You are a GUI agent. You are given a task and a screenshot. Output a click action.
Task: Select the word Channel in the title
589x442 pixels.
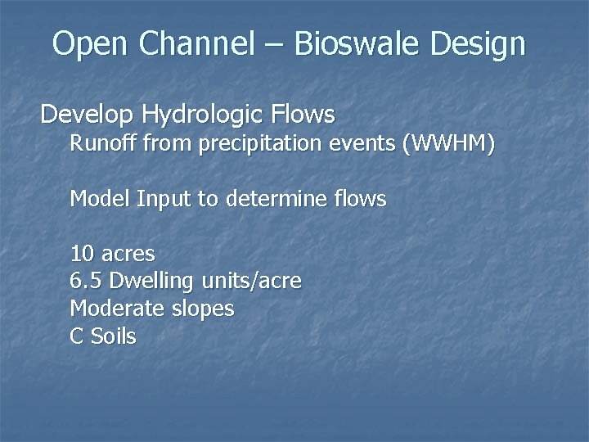point(196,44)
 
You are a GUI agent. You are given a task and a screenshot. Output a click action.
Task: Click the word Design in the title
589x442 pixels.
point(479,44)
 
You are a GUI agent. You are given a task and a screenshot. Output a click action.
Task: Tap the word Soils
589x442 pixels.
point(113,336)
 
